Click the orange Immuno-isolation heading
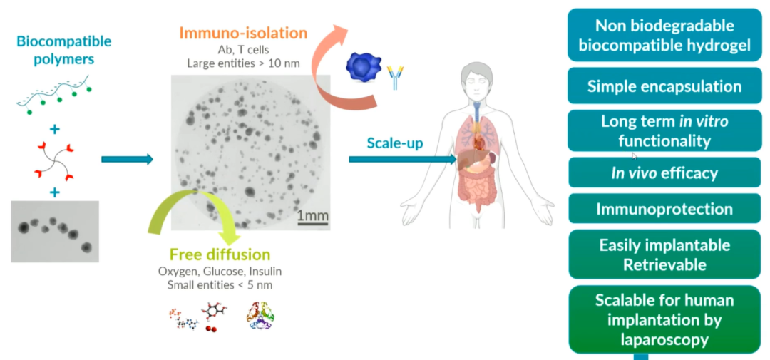pyautogui.click(x=243, y=33)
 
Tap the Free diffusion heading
pyautogui.click(x=220, y=254)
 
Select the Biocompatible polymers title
pyautogui.click(x=63, y=50)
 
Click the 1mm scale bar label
pyautogui.click(x=312, y=216)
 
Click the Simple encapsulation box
pyautogui.click(x=664, y=86)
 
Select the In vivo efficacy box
pyautogui.click(x=664, y=173)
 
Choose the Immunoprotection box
pyautogui.click(x=664, y=209)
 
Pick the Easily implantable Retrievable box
pyautogui.click(x=664, y=254)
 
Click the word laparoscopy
pyautogui.click(x=664, y=339)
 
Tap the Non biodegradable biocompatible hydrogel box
pyautogui.click(x=664, y=35)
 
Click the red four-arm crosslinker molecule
pyautogui.click(x=54, y=160)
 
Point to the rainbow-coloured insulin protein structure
pyautogui.click(x=259, y=317)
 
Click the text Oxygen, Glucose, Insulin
pyautogui.click(x=220, y=271)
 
